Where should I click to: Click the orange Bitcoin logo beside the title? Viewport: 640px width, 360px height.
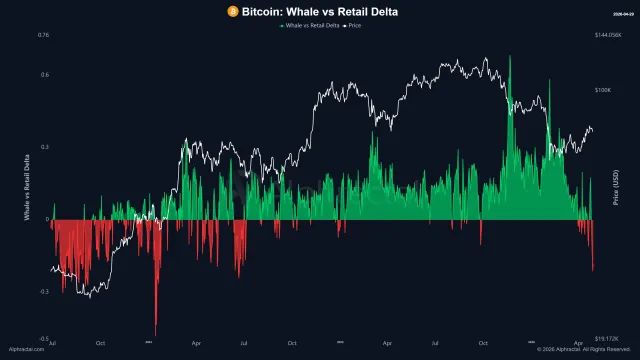(232, 11)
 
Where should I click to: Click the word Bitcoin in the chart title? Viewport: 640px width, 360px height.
(262, 11)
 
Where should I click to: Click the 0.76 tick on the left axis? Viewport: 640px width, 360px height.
(43, 35)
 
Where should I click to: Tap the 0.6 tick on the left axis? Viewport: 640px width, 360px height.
(45, 74)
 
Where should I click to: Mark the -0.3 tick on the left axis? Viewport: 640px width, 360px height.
(44, 291)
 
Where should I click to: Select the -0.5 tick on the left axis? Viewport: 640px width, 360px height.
(44, 339)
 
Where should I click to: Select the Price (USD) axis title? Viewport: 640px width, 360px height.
(617, 188)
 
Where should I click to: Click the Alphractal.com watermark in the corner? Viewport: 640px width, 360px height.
(25, 350)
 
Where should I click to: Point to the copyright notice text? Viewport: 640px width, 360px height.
(585, 350)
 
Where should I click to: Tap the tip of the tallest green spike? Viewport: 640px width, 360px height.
(510, 56)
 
